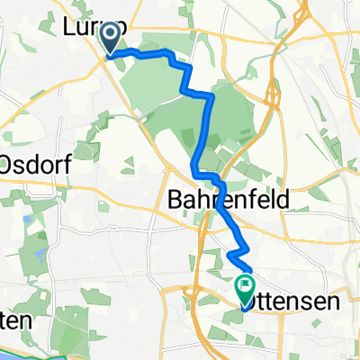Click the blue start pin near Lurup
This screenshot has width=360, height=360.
(111, 40)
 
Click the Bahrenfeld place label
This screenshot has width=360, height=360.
(227, 202)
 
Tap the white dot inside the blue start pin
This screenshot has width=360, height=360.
(111, 36)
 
